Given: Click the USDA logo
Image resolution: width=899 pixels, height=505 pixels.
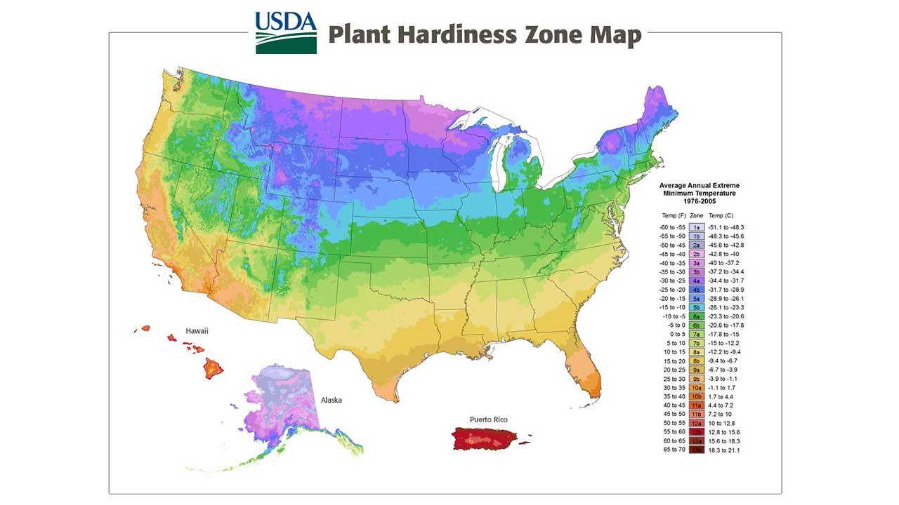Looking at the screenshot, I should (286, 32).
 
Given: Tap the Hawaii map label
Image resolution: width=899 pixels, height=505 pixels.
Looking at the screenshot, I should (197, 330).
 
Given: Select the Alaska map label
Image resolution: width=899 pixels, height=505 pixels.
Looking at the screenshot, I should (332, 400).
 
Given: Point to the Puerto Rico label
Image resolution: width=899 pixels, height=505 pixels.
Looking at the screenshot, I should (489, 419).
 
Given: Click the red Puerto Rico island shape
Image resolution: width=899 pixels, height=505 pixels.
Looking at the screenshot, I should (485, 439).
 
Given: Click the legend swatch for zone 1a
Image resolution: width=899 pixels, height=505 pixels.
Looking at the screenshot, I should (697, 227).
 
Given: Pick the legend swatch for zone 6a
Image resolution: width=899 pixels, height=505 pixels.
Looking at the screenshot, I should (697, 316).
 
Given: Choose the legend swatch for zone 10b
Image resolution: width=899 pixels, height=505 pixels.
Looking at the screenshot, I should (697, 396).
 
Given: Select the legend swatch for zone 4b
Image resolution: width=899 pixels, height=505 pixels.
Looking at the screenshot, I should (697, 290).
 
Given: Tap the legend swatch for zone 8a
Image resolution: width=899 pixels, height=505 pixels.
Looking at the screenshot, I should (697, 352).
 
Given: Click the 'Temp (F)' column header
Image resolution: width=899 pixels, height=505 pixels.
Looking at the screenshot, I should (674, 215).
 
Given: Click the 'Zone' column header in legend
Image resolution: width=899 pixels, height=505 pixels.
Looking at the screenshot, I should (697, 215).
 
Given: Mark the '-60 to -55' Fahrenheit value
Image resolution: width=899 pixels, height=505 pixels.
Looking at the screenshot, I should (673, 227).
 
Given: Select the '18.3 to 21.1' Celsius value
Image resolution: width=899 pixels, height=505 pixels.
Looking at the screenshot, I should (725, 450).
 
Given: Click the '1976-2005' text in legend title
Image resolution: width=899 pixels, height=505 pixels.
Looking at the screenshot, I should (698, 201).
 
